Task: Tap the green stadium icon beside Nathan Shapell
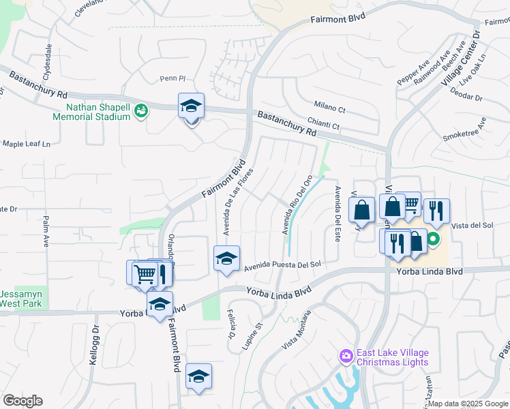(141, 110)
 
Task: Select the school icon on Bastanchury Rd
(192, 106)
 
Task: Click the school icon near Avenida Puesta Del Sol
(227, 259)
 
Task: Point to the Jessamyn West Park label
(21, 298)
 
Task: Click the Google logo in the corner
(22, 401)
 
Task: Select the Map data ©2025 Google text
(468, 404)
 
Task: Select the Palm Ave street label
(46, 231)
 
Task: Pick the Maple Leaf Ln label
(27, 145)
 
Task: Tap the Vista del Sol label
(472, 225)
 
